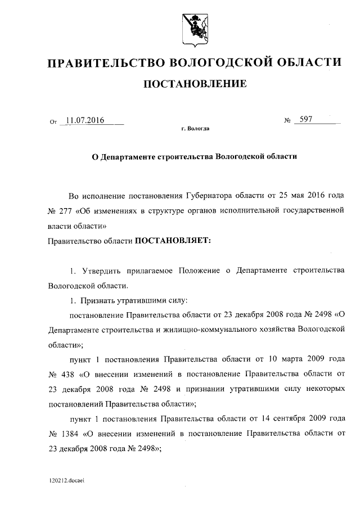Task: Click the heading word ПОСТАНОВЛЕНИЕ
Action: click(195, 85)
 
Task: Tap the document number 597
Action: click(307, 120)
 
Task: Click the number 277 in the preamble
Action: click(69, 211)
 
